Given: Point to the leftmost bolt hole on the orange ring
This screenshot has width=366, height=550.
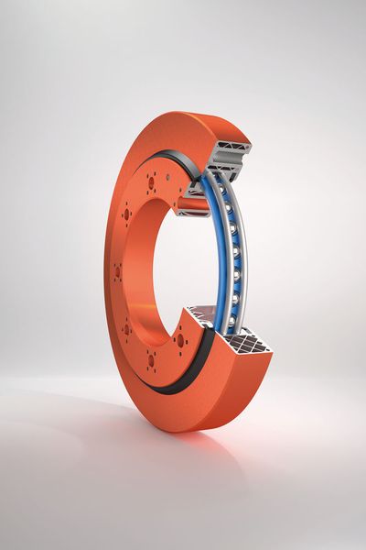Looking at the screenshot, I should pos(118,271).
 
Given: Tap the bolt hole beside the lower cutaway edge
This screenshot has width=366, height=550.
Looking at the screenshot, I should pos(180,340).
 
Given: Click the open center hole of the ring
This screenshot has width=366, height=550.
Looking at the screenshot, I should pos(174,266).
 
